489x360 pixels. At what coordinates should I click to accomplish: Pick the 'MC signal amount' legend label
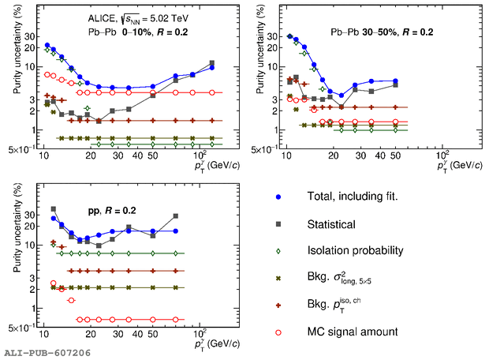coord(353,332)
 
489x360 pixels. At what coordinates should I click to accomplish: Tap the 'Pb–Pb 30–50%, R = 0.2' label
coord(383,32)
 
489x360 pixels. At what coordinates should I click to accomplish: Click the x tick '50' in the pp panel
coord(152,336)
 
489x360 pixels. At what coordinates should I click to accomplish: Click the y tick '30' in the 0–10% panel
coord(32,36)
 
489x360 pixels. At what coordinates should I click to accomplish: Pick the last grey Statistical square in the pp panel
coord(176,216)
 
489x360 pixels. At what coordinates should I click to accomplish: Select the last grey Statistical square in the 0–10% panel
coord(211,63)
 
